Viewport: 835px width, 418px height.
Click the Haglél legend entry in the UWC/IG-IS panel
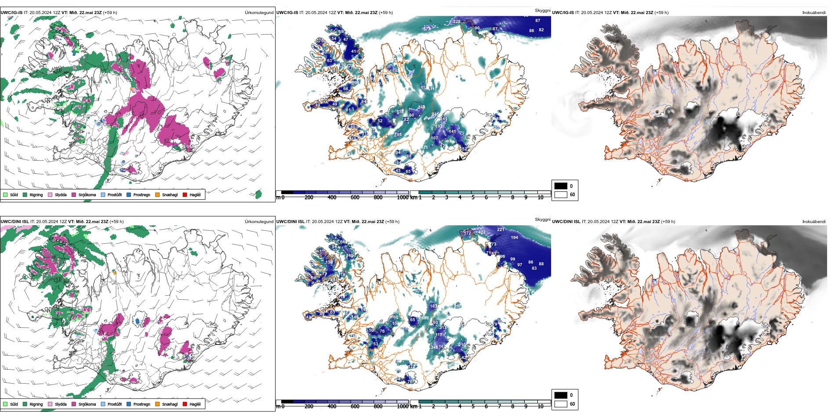click(x=195, y=195)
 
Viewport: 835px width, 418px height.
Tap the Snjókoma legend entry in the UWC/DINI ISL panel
click(x=87, y=404)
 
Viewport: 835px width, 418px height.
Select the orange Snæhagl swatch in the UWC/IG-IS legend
click(x=157, y=195)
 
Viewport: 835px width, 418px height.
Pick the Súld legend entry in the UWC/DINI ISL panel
click(x=14, y=404)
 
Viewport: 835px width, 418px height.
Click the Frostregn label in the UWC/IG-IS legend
click(x=142, y=195)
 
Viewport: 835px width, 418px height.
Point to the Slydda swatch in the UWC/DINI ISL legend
click(x=50, y=404)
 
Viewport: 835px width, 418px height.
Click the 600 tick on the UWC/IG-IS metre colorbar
click(x=355, y=198)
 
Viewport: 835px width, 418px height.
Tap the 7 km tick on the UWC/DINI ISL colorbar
click(x=499, y=407)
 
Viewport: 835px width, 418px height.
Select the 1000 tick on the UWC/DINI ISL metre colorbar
click(x=403, y=407)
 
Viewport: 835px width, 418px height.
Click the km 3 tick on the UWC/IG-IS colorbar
click(x=447, y=198)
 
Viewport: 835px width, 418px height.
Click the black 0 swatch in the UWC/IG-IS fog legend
click(x=561, y=186)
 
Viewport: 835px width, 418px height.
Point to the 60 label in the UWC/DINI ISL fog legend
click(x=572, y=404)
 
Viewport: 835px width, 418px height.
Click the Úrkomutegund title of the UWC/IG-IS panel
click(x=259, y=13)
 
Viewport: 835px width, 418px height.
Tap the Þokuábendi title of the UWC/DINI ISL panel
click(x=814, y=222)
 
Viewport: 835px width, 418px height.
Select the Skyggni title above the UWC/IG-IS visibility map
click(x=542, y=11)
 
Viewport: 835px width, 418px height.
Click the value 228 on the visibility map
click(x=457, y=22)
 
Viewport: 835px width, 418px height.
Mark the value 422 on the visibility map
click(x=482, y=232)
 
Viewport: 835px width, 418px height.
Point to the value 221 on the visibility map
click(x=501, y=230)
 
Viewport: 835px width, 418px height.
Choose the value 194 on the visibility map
click(x=514, y=238)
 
